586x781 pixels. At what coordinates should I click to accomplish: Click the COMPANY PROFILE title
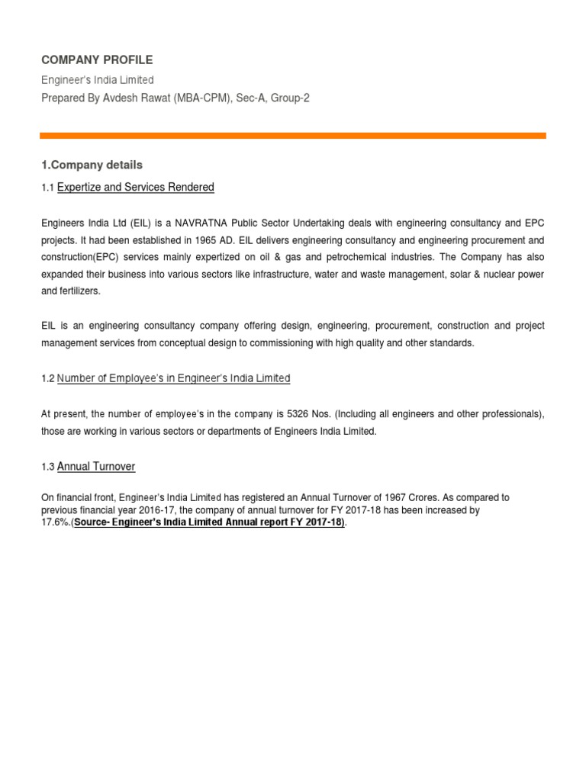click(96, 59)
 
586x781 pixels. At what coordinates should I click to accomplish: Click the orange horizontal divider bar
click(293, 136)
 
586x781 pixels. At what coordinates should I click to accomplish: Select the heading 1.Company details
click(92, 165)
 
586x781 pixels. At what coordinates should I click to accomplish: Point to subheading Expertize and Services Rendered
click(136, 187)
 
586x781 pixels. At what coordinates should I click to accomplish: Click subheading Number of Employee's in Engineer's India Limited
click(174, 378)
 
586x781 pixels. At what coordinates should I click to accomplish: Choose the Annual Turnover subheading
click(96, 466)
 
